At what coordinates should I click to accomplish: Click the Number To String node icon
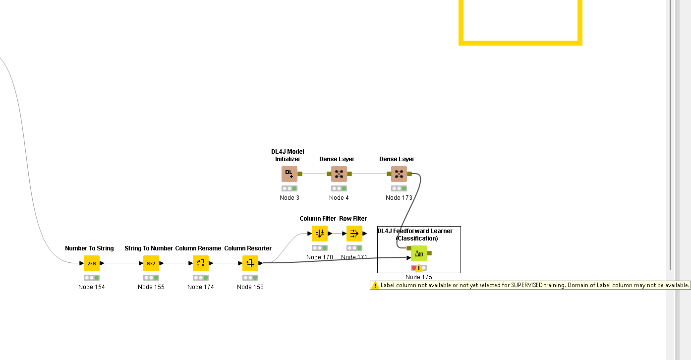point(92,263)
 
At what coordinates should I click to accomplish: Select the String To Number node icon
point(151,263)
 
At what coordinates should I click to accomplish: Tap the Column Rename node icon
point(201,263)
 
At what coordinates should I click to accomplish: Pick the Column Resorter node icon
point(250,263)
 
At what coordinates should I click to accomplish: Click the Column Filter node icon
point(320,234)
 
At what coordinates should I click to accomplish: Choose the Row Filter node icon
point(354,234)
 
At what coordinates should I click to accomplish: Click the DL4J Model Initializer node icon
point(289,174)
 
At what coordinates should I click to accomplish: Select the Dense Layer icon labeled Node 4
point(339,174)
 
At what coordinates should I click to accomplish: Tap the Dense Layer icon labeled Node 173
point(399,174)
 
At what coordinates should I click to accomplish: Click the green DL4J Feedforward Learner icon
point(419,253)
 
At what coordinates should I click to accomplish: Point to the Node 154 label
point(92,287)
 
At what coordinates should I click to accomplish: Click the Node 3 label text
point(289,198)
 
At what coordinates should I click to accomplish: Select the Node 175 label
point(419,277)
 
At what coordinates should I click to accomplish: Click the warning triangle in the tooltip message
point(375,285)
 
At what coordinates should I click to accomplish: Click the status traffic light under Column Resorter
point(250,278)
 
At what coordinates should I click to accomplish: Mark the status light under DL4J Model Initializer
point(289,188)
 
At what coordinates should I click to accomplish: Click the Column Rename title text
point(198,248)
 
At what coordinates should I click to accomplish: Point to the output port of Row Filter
point(365,234)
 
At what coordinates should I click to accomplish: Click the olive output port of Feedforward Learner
point(429,253)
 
